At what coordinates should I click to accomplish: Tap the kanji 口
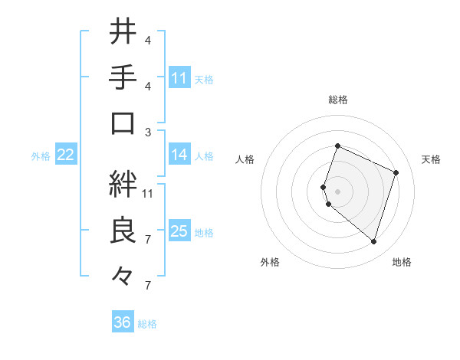[123, 123]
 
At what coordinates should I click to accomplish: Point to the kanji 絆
[123, 183]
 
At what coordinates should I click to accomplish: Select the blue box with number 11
[179, 77]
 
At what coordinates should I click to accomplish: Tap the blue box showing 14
[179, 155]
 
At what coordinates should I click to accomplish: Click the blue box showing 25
[179, 231]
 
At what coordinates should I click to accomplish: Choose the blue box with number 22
[66, 155]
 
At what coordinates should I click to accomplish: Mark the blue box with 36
[123, 322]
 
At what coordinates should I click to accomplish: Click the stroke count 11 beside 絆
[148, 193]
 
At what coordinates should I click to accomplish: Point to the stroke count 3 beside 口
[148, 132]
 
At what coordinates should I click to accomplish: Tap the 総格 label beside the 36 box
[148, 324]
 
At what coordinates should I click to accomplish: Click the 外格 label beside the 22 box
[41, 156]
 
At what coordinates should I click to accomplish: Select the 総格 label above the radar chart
[337, 100]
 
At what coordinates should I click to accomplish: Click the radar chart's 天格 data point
[396, 172]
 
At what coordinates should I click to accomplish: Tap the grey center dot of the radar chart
[337, 191]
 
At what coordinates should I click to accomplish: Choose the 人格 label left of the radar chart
[245, 159]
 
